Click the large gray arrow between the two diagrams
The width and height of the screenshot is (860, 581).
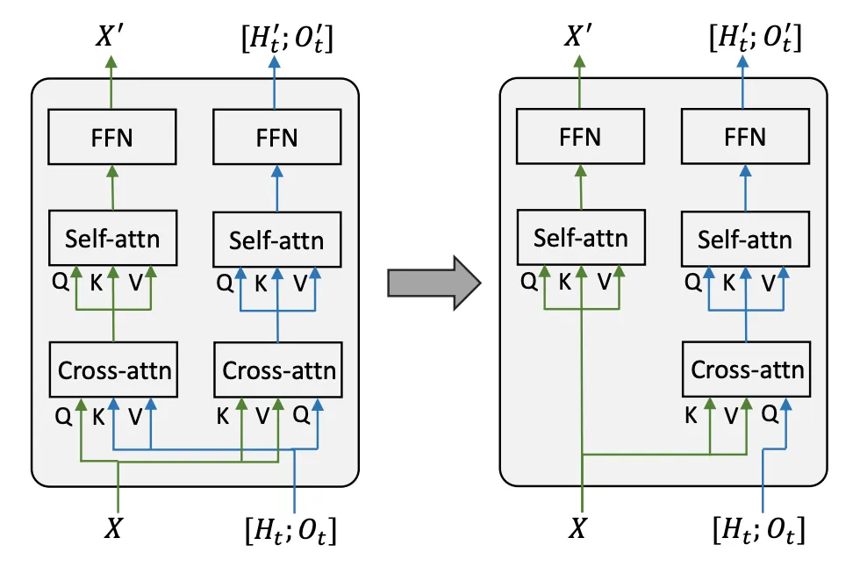click(434, 283)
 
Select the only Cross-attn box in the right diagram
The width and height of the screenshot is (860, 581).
click(747, 369)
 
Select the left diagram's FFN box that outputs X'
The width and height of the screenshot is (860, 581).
click(111, 137)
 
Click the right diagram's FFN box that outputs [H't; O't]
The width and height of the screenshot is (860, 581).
click(746, 137)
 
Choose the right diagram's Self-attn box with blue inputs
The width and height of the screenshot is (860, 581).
click(745, 240)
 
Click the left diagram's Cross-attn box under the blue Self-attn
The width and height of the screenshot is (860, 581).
click(278, 370)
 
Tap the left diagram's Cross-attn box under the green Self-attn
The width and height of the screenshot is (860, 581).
click(115, 370)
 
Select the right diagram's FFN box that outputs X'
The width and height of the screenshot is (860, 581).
click(580, 137)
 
